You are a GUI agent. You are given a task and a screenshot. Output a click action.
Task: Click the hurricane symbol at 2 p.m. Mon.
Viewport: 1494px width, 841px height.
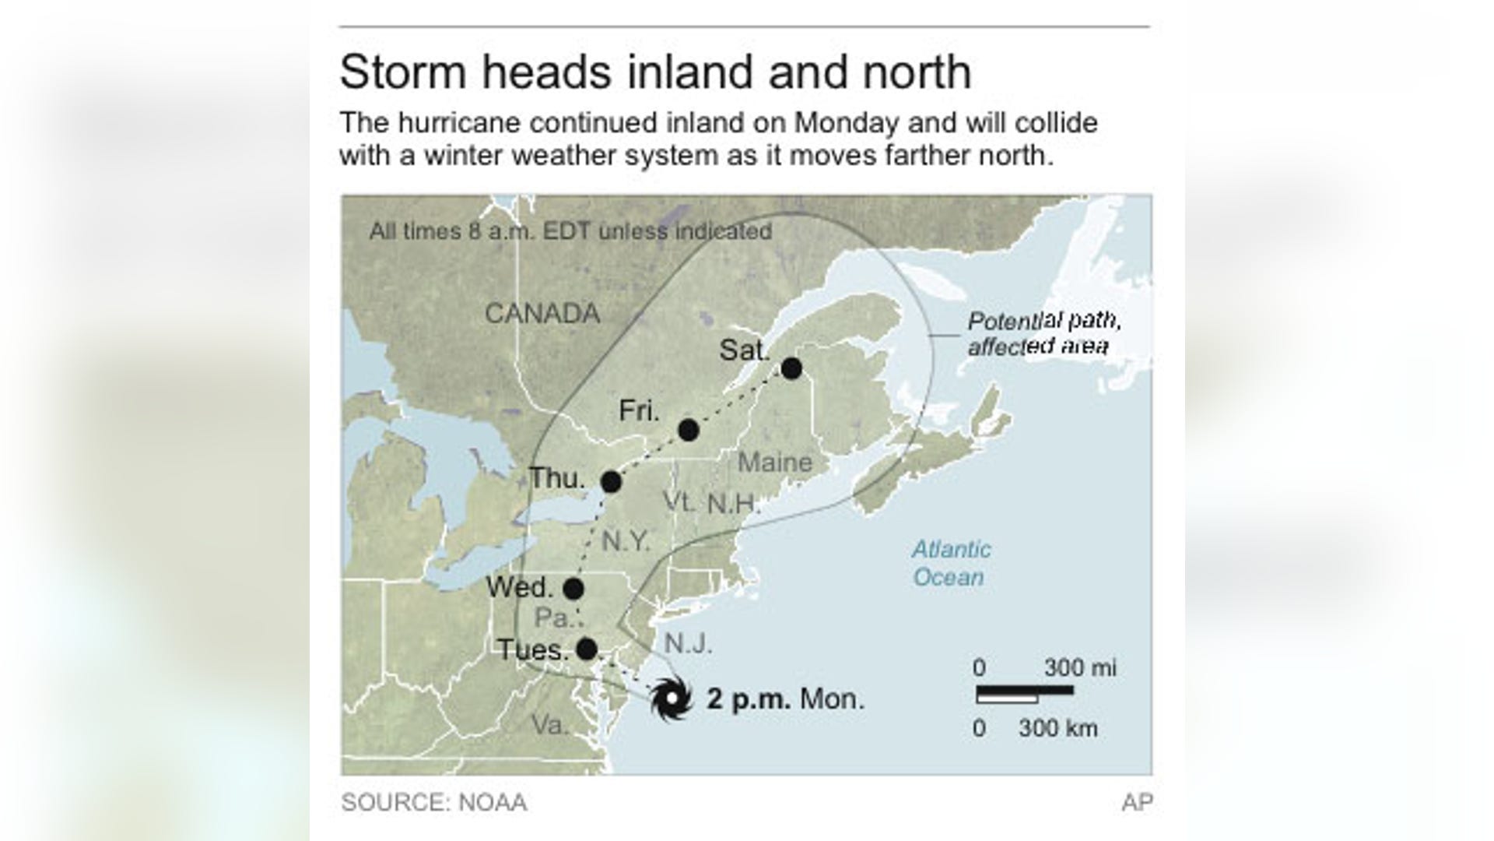point(671,698)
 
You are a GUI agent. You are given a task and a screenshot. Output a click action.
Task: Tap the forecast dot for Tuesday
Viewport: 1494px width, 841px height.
point(587,649)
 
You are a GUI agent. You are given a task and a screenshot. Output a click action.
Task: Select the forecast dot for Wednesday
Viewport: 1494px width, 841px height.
point(573,589)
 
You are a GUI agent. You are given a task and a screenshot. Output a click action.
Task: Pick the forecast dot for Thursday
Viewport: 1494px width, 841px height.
point(611,482)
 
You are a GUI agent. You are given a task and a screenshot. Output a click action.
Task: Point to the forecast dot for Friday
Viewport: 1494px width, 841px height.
point(688,430)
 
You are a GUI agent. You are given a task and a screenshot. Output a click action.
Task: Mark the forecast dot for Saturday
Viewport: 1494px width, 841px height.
point(791,368)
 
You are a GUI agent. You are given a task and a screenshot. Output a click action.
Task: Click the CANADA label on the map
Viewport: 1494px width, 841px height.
point(542,314)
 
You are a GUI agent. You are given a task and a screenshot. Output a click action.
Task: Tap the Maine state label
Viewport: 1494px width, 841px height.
point(774,463)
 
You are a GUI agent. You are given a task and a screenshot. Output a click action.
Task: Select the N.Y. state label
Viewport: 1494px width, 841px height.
point(626,541)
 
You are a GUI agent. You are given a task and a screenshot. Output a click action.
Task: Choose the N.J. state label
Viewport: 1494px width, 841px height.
point(688,644)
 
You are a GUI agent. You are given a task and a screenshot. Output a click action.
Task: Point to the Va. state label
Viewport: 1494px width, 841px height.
point(550,725)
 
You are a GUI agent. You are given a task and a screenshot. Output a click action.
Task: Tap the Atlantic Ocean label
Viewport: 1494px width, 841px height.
point(950,563)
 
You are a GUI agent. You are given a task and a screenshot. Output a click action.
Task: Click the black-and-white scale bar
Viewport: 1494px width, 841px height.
point(1024,694)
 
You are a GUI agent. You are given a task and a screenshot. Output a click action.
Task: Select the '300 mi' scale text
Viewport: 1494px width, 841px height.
point(1079,667)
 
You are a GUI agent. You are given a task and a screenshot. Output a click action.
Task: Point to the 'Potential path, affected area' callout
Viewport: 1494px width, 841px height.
point(1043,333)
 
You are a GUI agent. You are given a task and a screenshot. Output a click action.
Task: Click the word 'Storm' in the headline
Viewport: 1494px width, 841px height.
point(403,72)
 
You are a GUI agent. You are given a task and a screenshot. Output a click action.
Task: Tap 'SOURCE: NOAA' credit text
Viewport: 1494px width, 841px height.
point(433,803)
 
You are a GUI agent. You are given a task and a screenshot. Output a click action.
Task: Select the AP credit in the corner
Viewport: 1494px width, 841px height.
point(1137,803)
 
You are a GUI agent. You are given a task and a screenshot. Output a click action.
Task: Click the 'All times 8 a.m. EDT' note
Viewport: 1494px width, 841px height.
point(570,231)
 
